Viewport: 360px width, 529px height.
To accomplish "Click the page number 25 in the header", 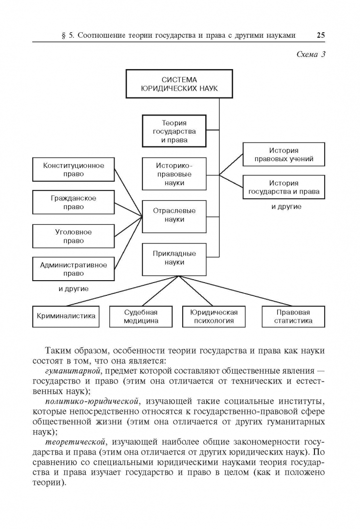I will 321,35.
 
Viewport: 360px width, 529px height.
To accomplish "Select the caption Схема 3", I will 311,54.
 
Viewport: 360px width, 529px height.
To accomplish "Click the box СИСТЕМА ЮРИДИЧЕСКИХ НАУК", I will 179,84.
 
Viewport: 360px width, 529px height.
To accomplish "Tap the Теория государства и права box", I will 174,131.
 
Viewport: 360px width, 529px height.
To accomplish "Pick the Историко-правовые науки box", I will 174,174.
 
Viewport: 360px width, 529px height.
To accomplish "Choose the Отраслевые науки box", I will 174,216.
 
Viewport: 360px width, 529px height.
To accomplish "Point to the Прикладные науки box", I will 174,258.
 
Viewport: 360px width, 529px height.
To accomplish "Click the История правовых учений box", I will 284,155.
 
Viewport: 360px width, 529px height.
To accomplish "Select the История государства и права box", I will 284,187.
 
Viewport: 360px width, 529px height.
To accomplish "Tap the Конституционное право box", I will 73,169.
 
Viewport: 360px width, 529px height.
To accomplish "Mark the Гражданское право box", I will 73,203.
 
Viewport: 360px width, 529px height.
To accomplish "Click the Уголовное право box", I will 73,237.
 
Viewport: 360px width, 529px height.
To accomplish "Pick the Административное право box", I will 73,269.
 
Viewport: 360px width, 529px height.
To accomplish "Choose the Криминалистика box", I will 66,316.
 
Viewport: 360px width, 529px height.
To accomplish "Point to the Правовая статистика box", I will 293,316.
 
